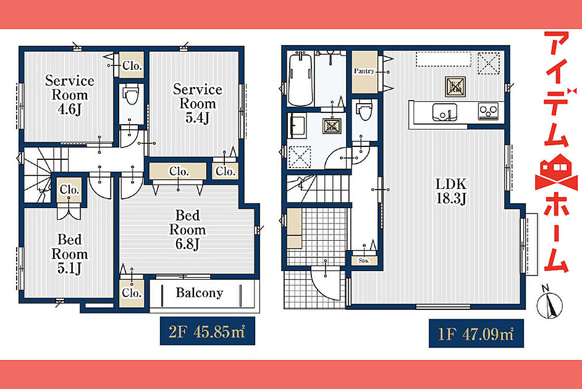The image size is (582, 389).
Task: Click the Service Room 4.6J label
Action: tap(69, 95)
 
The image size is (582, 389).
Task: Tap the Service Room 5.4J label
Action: tap(198, 104)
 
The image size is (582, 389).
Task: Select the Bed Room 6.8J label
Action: tap(187, 230)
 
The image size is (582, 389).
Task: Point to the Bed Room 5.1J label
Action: tap(69, 254)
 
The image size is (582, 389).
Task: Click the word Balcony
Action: tap(200, 293)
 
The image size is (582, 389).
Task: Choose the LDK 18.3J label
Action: tap(451, 191)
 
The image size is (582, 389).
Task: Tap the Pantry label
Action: tap(364, 71)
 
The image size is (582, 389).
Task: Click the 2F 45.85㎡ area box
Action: tap(208, 331)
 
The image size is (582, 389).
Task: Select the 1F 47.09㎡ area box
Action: tap(476, 333)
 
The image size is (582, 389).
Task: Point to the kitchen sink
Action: tap(444, 112)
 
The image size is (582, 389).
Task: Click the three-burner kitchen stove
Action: tap(488, 111)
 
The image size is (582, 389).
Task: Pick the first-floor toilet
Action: tap(365, 111)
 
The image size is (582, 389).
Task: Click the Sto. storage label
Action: tap(364, 261)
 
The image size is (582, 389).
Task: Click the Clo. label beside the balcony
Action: tap(132, 293)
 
